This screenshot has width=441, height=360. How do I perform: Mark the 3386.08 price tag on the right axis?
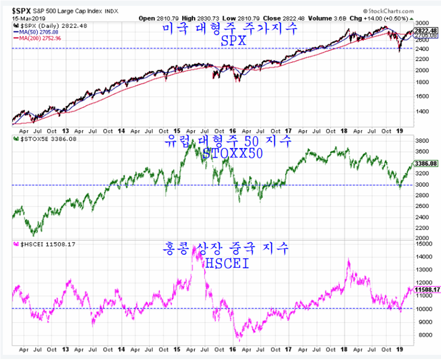(x=426, y=164)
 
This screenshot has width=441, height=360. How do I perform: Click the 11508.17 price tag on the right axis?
(x=426, y=290)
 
